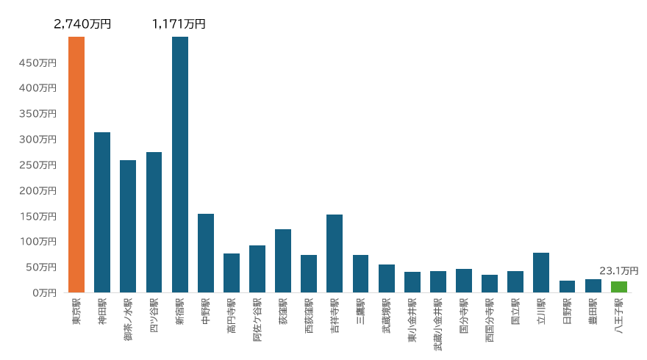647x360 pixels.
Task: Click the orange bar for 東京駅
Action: tap(76, 165)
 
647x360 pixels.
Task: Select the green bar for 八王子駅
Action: tap(619, 287)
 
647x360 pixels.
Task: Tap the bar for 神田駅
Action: tap(102, 212)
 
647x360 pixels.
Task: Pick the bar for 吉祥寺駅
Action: tap(335, 253)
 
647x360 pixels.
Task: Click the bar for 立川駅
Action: tap(541, 273)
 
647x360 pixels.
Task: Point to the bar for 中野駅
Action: tap(206, 253)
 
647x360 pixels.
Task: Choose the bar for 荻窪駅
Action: tap(283, 261)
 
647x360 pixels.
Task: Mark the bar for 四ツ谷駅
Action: tap(154, 222)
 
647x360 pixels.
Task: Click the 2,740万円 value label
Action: tap(82, 24)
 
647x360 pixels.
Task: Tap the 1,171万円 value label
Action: tap(179, 24)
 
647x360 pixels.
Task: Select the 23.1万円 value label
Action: tap(619, 271)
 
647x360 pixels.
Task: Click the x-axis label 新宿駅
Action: tap(180, 312)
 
